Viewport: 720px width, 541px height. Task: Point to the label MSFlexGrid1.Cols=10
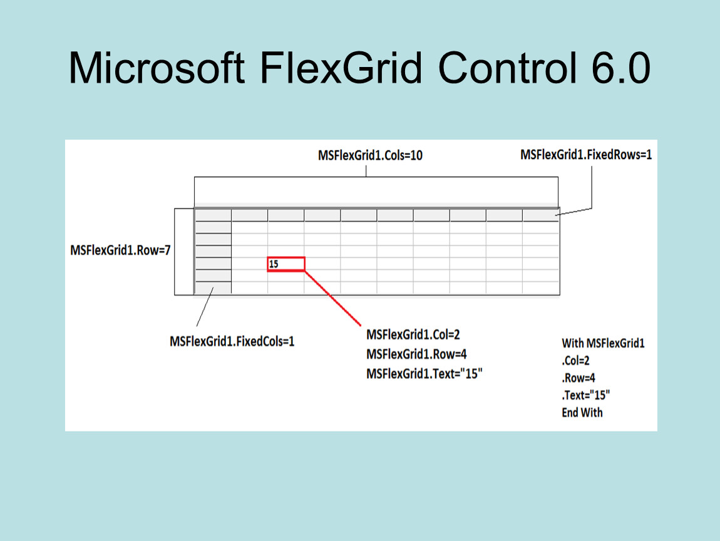[x=370, y=155]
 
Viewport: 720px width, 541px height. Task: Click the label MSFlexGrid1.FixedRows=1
[x=586, y=155]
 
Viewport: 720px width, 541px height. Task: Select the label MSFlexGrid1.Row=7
[x=120, y=250]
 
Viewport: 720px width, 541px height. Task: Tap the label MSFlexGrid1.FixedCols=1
[x=232, y=341]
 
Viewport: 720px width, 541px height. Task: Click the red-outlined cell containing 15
[x=286, y=264]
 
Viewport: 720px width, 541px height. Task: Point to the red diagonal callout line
[x=332, y=299]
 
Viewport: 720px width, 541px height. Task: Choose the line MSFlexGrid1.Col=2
[x=413, y=334]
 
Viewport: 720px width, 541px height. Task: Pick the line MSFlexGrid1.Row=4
[x=416, y=354]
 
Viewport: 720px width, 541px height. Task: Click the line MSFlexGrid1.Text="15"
[x=424, y=374]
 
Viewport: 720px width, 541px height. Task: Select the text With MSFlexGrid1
[x=603, y=343]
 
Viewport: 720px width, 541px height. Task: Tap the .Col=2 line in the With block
[x=575, y=361]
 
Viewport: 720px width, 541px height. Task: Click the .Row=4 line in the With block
[x=578, y=378]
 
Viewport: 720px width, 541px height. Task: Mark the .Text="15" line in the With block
[x=585, y=395]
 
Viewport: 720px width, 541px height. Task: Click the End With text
[x=582, y=413]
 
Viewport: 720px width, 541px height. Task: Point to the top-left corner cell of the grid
[x=213, y=215]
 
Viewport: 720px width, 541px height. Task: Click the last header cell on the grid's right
[x=540, y=215]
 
